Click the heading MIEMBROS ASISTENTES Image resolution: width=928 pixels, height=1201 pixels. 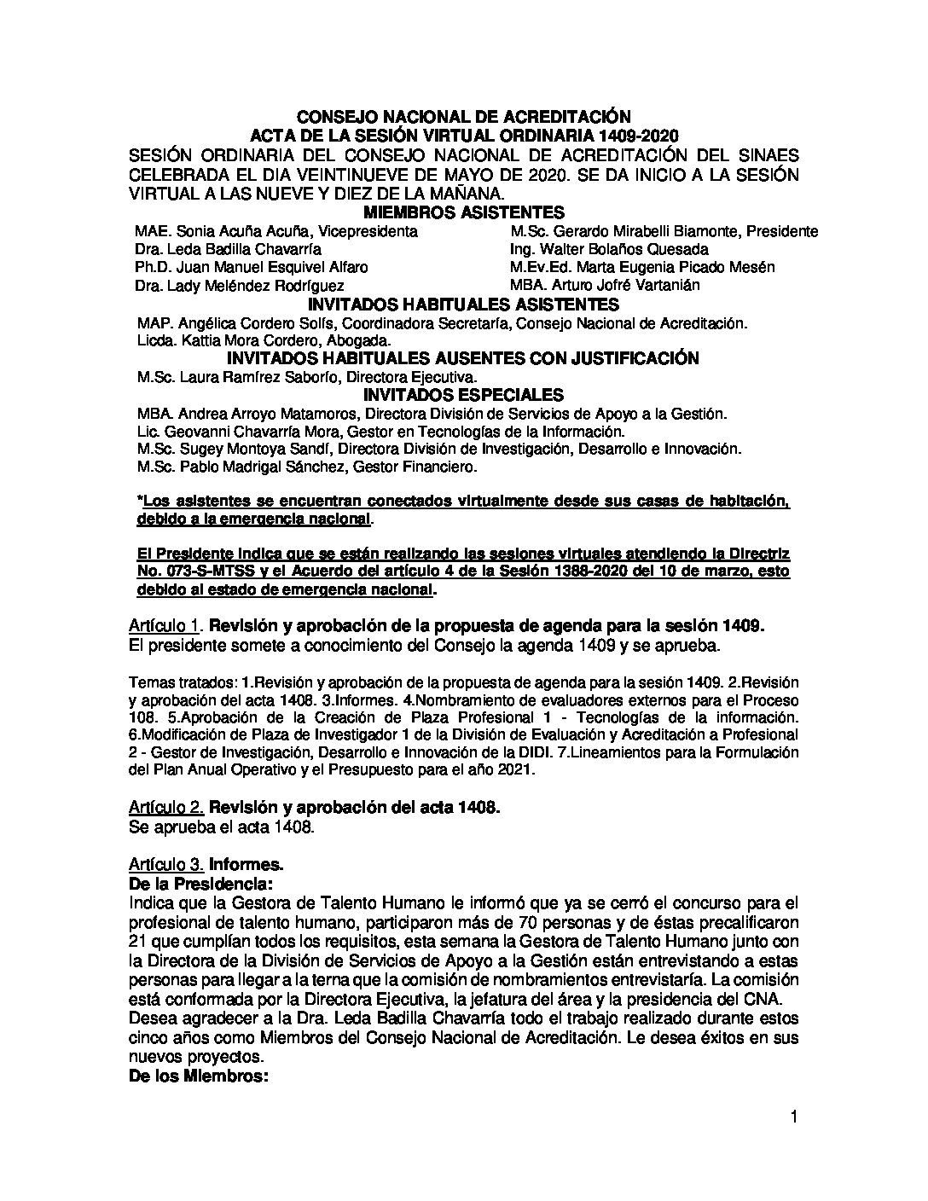pos(463,213)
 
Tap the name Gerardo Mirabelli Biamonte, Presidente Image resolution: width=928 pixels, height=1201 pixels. pos(664,231)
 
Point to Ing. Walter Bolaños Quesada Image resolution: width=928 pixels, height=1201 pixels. pos(609,249)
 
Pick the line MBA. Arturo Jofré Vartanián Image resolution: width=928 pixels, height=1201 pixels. pos(604,285)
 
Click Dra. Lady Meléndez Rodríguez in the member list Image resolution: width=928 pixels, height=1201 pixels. pos(240,286)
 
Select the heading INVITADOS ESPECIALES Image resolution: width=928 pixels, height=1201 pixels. pos(463,395)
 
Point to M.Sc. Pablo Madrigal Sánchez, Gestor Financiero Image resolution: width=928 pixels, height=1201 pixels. pos(306,467)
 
